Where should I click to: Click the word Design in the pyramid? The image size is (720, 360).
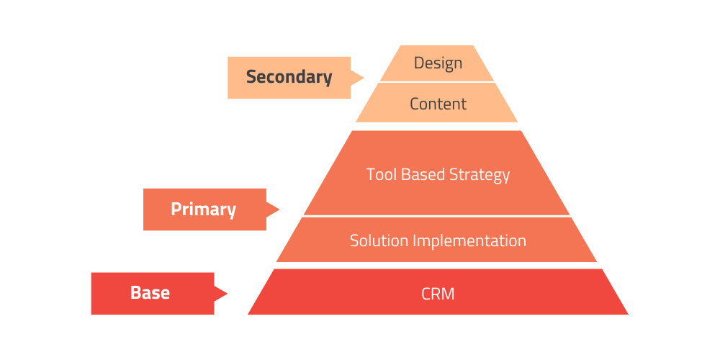pos(438,63)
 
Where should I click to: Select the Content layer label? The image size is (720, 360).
pos(438,104)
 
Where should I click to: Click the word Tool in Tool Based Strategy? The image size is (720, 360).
pos(380,174)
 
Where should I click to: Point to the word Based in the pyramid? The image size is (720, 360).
pos(423,174)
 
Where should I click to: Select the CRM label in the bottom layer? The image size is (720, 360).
pos(438,294)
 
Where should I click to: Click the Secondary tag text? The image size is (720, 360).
pos(289,77)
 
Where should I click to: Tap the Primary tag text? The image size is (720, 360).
pos(203,210)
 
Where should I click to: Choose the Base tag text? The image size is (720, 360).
pos(150,293)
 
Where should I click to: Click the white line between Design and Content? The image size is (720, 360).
pos(437,82)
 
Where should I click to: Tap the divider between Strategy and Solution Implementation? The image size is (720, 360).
pos(437,216)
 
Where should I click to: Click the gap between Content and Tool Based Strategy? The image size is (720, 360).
pos(437,126)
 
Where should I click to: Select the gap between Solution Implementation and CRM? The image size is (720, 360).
pos(437,265)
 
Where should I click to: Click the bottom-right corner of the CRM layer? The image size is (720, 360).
pos(627,313)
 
